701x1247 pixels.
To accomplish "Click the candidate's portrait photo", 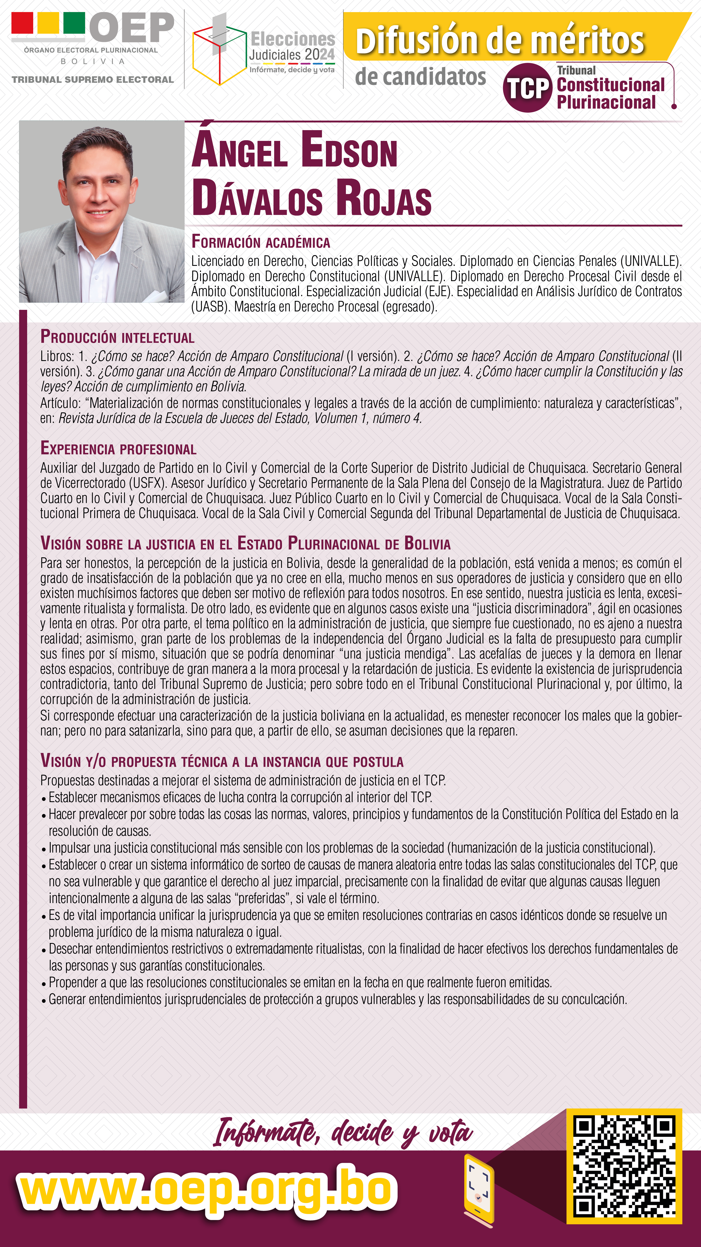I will tap(102, 212).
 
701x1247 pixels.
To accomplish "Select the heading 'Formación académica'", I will tap(260, 242).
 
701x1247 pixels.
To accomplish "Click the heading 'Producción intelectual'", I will tap(117, 337).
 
